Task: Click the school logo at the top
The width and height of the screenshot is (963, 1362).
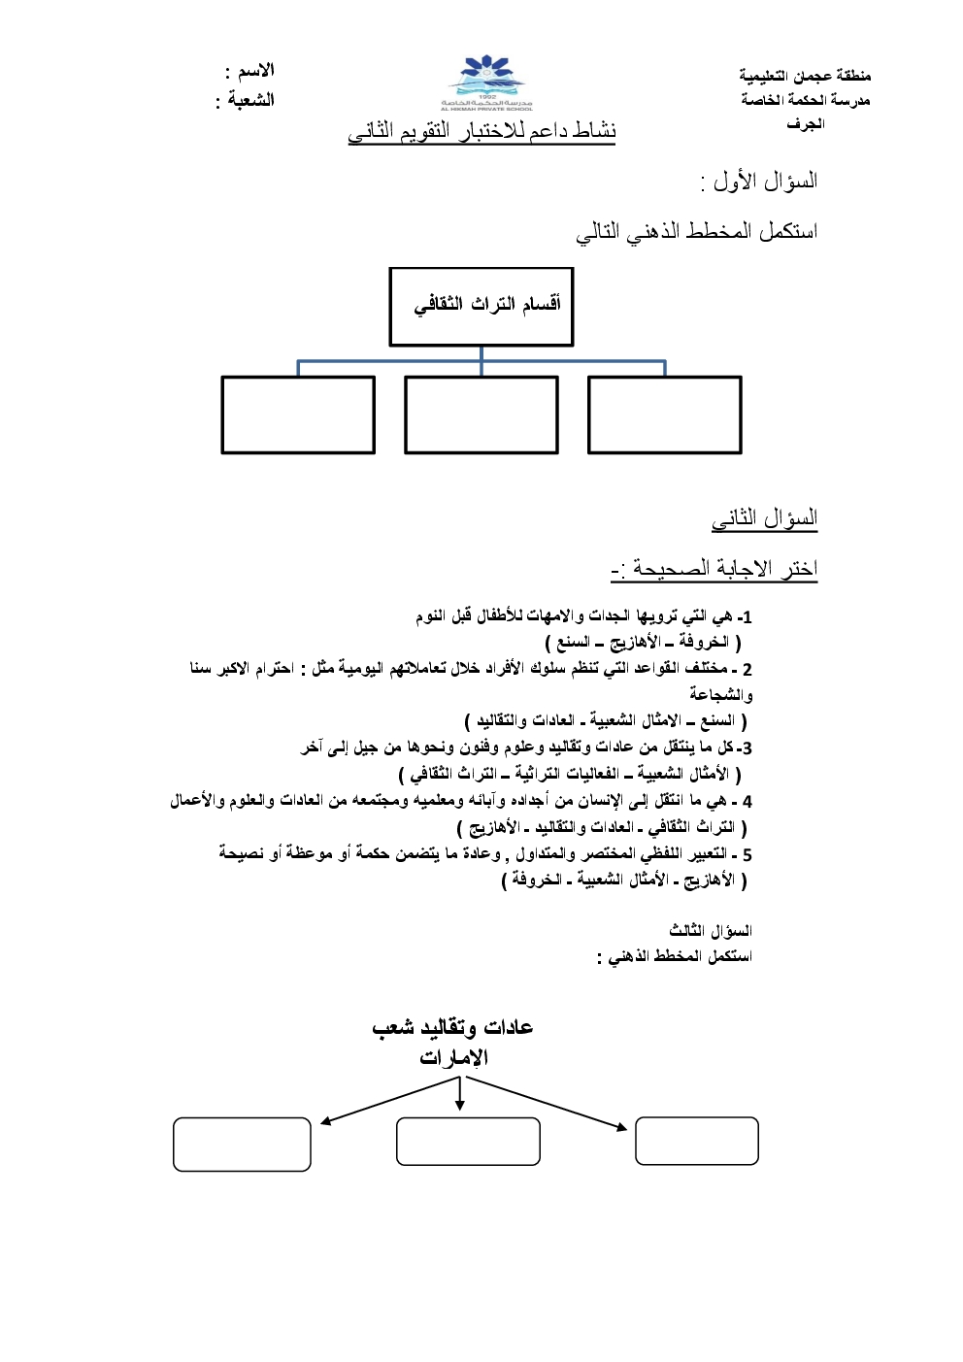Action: tap(486, 83)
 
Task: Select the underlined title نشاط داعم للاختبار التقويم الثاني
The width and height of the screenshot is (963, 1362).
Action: tap(482, 131)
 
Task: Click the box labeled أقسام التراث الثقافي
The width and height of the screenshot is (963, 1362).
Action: tap(481, 307)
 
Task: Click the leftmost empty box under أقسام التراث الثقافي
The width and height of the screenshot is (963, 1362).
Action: tap(298, 415)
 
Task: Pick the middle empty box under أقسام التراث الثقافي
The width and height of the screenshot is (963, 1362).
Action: tap(481, 415)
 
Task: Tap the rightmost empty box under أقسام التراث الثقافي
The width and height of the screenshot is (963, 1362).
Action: tap(665, 415)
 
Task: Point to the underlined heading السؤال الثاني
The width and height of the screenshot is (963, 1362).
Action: tap(765, 518)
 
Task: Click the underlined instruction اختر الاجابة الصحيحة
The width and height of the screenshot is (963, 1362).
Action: tap(715, 569)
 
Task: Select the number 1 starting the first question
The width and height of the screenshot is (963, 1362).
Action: tap(747, 617)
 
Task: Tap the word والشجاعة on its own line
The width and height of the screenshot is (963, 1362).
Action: tap(721, 695)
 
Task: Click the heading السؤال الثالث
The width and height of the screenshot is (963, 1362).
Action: tap(711, 931)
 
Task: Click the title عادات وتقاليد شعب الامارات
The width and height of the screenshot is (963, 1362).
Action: tap(453, 1042)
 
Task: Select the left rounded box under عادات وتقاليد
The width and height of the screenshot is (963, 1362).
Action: tap(242, 1144)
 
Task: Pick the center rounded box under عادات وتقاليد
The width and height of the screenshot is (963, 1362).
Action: tap(468, 1141)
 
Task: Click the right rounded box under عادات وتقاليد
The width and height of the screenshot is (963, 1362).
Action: tap(696, 1141)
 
